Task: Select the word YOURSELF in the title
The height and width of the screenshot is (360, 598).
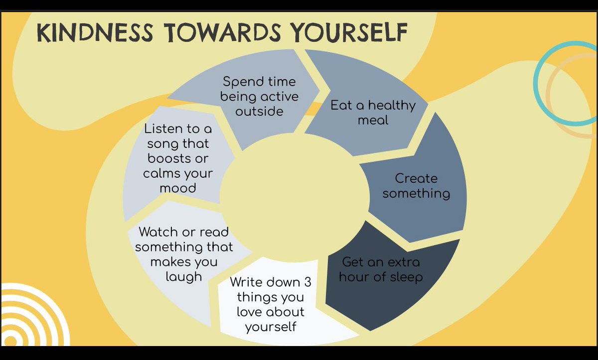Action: (341, 33)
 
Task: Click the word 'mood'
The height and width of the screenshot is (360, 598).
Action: (177, 188)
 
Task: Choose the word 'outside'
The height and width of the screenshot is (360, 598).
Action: (259, 111)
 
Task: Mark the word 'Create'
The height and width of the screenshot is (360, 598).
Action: (416, 178)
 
